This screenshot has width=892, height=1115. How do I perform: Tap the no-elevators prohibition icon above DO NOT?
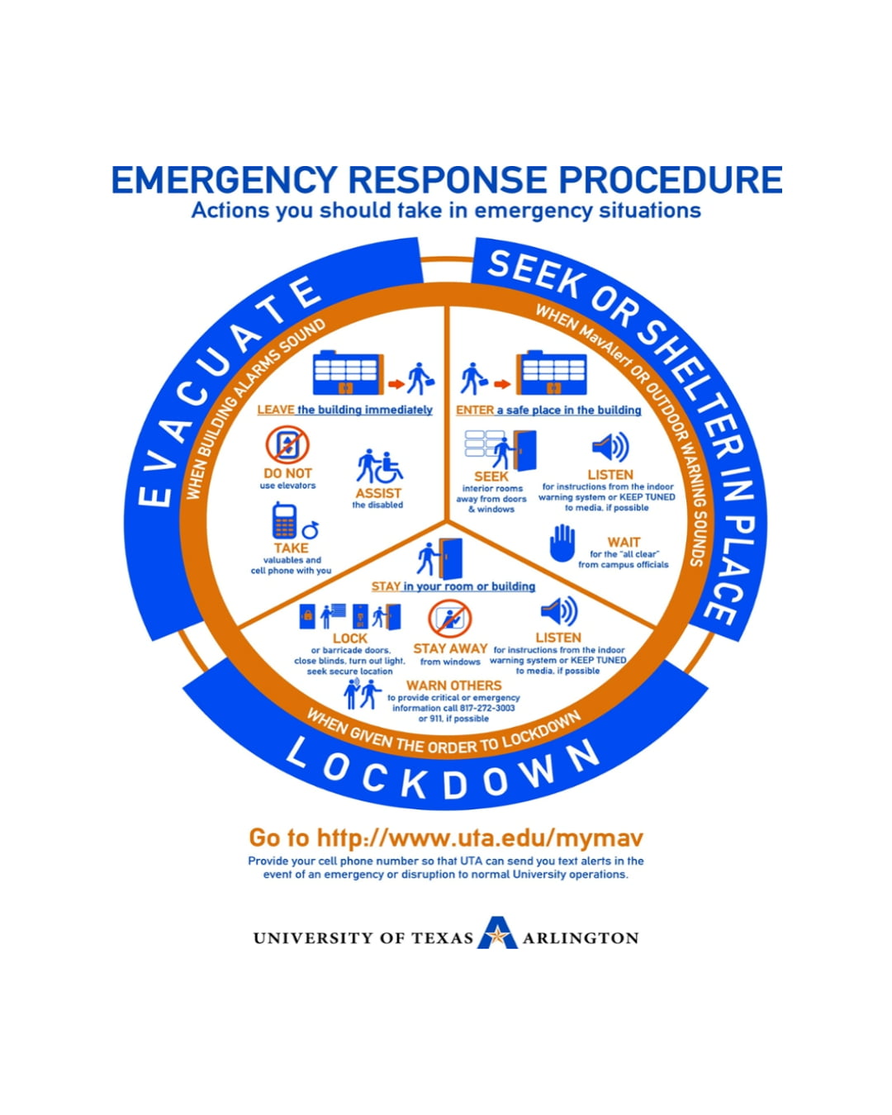pyautogui.click(x=287, y=445)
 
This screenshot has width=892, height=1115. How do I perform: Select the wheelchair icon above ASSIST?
pyautogui.click(x=380, y=467)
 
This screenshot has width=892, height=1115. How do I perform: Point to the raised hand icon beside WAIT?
pyautogui.click(x=562, y=544)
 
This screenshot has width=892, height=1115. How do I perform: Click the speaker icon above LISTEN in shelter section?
pyautogui.click(x=610, y=448)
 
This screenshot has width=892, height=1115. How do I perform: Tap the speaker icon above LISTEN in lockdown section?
pyautogui.click(x=558, y=612)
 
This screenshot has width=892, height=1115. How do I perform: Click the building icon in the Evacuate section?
pyautogui.click(x=348, y=373)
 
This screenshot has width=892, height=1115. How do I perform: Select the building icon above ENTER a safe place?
pyautogui.click(x=551, y=374)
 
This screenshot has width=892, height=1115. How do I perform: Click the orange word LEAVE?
pyautogui.click(x=276, y=410)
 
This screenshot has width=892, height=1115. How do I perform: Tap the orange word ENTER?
pyautogui.click(x=475, y=410)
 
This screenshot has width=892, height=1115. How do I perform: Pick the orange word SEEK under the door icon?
pyautogui.click(x=491, y=477)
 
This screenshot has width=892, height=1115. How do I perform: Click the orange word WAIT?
pyautogui.click(x=624, y=543)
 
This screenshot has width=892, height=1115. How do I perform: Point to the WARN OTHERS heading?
pyautogui.click(x=453, y=686)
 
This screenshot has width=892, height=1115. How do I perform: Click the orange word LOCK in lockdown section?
pyautogui.click(x=349, y=638)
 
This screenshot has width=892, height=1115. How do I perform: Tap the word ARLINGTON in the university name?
pyautogui.click(x=581, y=938)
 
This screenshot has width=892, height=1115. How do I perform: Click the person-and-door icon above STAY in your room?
pyautogui.click(x=440, y=558)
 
